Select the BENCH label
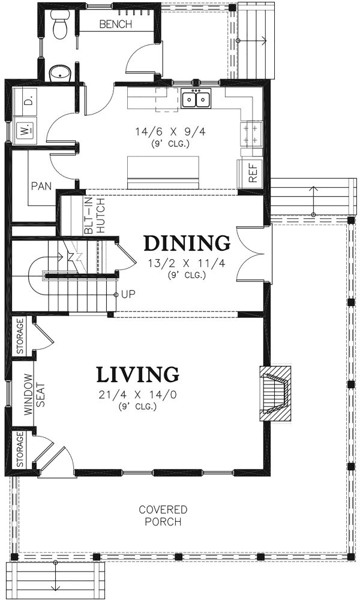pyautogui.click(x=115, y=25)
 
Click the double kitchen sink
pyautogui.click(x=196, y=98)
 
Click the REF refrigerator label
pyautogui.click(x=253, y=172)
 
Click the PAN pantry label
pyautogui.click(x=41, y=187)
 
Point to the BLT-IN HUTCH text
pyautogui.click(x=95, y=216)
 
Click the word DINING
pyautogui.click(x=187, y=243)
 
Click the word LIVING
pyautogui.click(x=137, y=375)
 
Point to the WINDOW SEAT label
pyautogui.click(x=34, y=395)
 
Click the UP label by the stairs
pyautogui.click(x=128, y=295)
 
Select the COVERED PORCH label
pyautogui.click(x=163, y=515)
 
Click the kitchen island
pyautogui.click(x=163, y=173)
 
